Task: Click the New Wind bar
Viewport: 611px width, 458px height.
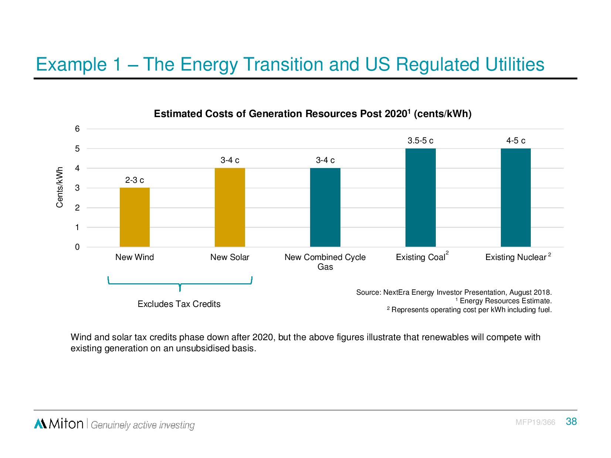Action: pos(135,217)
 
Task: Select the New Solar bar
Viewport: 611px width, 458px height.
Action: pos(230,207)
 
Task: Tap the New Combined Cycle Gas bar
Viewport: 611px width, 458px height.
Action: pos(325,207)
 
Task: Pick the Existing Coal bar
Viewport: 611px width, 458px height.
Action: pos(420,198)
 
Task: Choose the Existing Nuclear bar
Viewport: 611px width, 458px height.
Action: pos(516,198)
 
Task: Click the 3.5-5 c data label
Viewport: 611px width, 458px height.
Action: pos(420,141)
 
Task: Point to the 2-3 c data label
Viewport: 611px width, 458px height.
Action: pos(135,180)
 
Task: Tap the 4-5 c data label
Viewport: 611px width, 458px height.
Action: pos(516,141)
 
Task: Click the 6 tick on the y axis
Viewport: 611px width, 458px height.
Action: pos(77,129)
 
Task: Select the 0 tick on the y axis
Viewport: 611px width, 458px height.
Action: pos(77,247)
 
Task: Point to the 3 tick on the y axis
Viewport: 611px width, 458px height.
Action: pos(77,188)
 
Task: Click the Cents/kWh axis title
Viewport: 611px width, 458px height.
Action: pos(60,187)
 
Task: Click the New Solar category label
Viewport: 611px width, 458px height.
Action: pos(230,257)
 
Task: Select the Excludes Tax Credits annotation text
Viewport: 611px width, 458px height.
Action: pos(179,304)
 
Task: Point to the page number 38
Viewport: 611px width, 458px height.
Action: pos(571,421)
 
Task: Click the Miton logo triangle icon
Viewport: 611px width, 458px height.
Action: pos(40,424)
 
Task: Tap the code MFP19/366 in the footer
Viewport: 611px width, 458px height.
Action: pos(535,422)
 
